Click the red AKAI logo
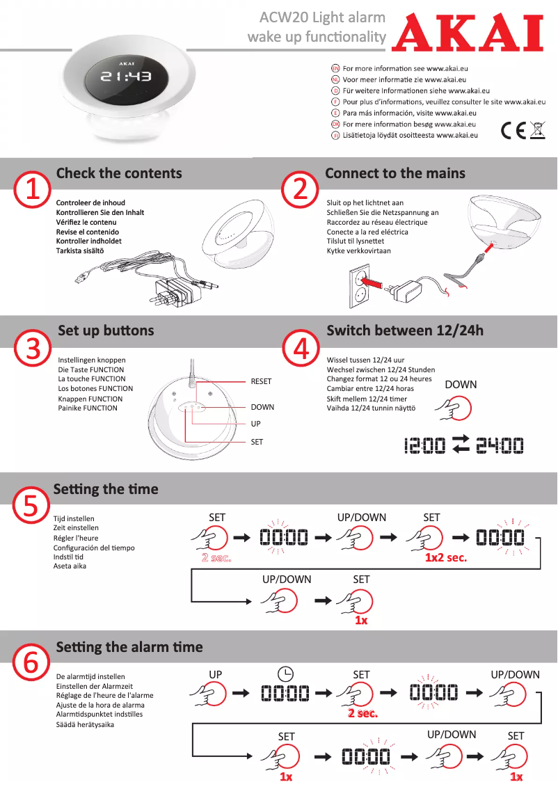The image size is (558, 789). [x=467, y=34]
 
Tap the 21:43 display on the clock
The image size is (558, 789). [x=126, y=77]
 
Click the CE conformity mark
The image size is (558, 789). [x=513, y=130]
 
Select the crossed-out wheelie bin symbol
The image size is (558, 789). [x=536, y=130]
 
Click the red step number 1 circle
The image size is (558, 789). [x=33, y=189]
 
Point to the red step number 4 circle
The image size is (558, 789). [x=301, y=347]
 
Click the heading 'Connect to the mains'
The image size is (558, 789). [x=395, y=173]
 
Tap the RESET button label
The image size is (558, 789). [x=261, y=381]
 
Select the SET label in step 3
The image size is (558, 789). [x=257, y=442]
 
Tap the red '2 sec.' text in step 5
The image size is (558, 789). [x=216, y=557]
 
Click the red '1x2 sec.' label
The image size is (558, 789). [x=446, y=557]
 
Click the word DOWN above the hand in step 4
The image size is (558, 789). [x=461, y=384]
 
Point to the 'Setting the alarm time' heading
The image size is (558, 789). [x=129, y=647]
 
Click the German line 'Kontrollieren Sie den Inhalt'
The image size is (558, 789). [x=100, y=212]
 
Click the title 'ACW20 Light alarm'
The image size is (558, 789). [x=322, y=17]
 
